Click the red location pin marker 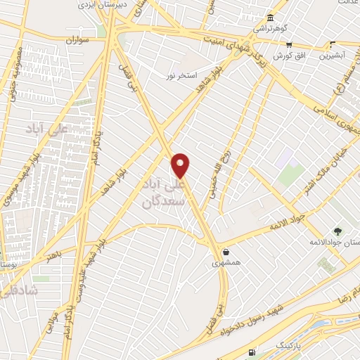tap(181, 165)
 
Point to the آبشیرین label tap(333, 54)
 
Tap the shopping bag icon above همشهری tap(225, 252)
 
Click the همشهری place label tap(225, 264)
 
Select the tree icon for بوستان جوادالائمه tap(338, 231)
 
